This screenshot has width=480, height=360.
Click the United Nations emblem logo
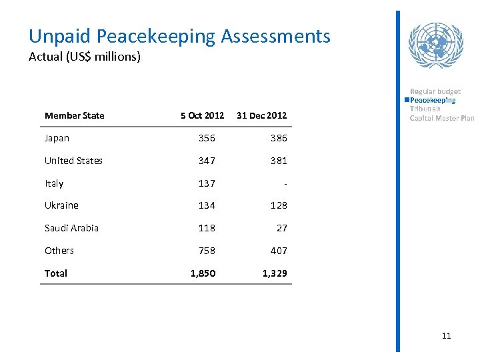pos(435,45)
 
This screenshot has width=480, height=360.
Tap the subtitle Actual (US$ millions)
pos(85,57)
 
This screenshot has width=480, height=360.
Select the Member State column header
pos(74,115)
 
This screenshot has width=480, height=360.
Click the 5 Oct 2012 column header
pos(202,115)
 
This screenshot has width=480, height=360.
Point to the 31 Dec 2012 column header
pos(261,115)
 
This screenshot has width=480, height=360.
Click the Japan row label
pos(57,138)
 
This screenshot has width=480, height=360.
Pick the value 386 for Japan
pos(279,138)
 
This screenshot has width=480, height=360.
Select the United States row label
pos(73,161)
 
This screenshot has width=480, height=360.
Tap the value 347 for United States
pos(207,161)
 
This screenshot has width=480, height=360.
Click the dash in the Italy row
pos(285,183)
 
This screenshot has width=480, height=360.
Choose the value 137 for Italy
pos(207,183)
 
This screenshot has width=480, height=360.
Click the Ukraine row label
pos(61,205)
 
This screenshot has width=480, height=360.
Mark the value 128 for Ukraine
pos(279,205)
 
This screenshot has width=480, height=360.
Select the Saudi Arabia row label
pos(71,228)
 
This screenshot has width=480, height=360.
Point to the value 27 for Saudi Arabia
pos(281,228)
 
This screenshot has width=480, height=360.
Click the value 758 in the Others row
pos(207,251)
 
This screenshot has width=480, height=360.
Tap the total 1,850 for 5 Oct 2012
pos(203,273)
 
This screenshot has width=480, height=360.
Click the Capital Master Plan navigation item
pos(442,118)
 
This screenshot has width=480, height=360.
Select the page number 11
pos(446,335)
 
